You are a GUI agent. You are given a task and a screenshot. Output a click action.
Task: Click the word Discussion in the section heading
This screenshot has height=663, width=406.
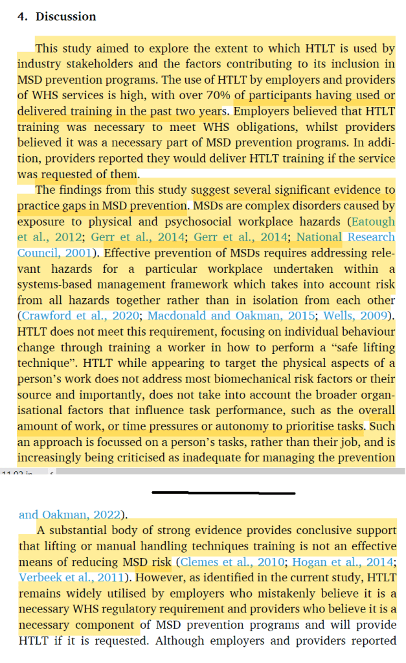(x=65, y=17)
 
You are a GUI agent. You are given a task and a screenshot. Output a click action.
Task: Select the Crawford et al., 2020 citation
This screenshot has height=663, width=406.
(x=81, y=316)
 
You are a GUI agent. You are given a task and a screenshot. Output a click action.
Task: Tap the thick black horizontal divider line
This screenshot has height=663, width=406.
(x=223, y=493)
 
